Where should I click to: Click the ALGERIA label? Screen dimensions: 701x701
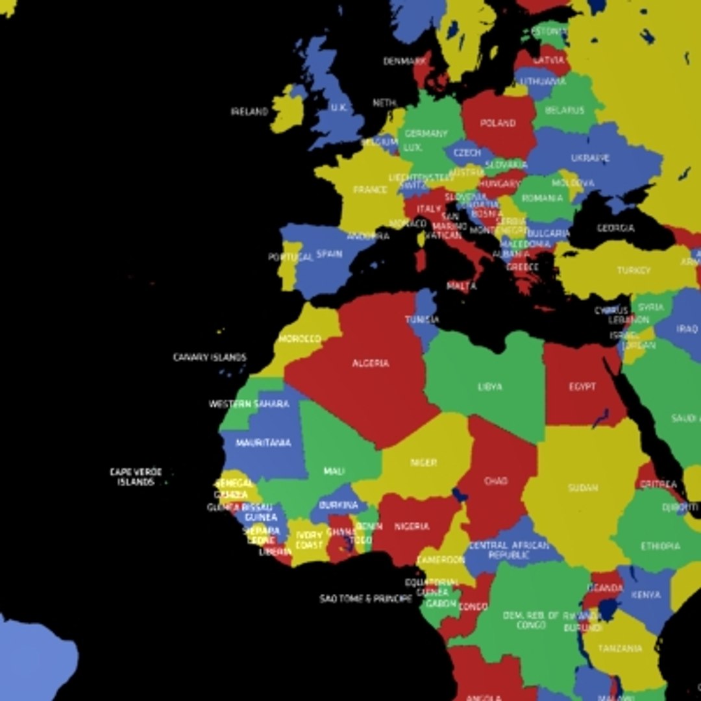coord(371,363)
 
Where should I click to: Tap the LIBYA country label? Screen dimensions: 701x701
coord(489,387)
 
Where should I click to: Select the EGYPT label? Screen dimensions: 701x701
coord(582,387)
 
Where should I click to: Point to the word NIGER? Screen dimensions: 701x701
coord(423,463)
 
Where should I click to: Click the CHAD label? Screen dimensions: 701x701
coord(496,482)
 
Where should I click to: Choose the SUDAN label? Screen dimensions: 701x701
coord(583,487)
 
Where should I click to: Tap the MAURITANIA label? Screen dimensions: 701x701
coord(263,443)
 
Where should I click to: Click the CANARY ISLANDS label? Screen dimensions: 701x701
coord(210,357)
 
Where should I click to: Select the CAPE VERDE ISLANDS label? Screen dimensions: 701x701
coord(136,477)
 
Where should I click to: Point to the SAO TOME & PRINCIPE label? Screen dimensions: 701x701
coord(365,599)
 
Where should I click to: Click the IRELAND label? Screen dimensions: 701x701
coord(249,112)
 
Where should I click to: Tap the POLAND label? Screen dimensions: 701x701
coord(498,123)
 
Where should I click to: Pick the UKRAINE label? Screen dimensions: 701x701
coord(590,158)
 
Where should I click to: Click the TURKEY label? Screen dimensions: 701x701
coord(633,271)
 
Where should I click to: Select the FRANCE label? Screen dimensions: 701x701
coord(370,190)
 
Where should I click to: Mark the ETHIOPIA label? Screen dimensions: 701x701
coord(661,547)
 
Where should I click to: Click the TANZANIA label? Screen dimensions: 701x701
coord(620,648)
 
